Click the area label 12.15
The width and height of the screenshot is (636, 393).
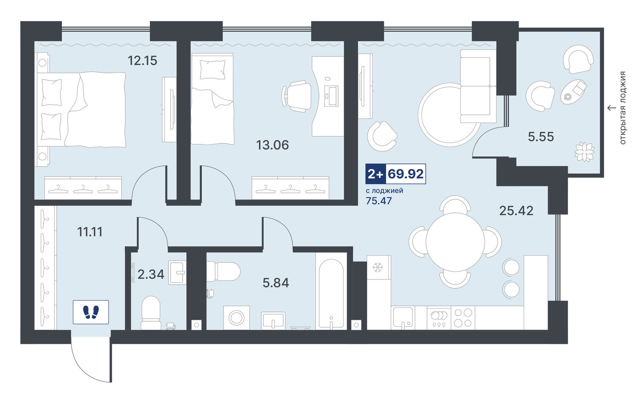click(142, 60)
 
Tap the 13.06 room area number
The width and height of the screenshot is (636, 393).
click(272, 145)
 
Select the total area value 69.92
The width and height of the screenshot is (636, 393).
click(406, 174)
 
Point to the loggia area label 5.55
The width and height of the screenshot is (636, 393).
click(541, 137)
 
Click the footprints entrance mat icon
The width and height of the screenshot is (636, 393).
click(91, 312)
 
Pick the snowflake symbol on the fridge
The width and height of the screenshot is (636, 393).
click(378, 268)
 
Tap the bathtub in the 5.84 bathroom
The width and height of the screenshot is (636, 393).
click(331, 293)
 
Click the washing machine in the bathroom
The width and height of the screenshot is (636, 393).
click(236, 318)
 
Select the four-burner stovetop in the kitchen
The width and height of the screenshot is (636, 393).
click(463, 318)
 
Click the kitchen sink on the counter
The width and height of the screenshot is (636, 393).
click(403, 318)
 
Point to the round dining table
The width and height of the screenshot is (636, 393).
click(455, 242)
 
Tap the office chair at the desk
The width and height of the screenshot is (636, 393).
click(297, 96)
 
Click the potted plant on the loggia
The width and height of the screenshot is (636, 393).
click(584, 152)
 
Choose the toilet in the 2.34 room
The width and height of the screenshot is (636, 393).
click(151, 313)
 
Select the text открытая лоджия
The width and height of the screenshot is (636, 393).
click(623, 108)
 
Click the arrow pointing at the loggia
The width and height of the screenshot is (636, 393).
click(611, 108)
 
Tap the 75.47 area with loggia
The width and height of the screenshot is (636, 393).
click(379, 201)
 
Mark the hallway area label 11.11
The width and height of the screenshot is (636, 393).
click(90, 232)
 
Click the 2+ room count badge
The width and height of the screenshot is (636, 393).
click(375, 174)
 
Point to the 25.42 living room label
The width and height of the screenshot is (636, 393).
click(516, 211)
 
